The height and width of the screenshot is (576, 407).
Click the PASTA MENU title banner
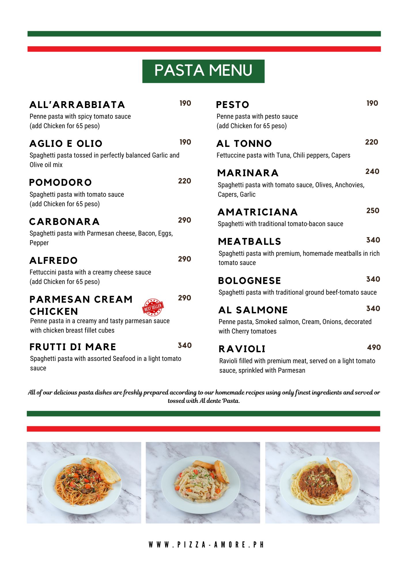pos(203,71)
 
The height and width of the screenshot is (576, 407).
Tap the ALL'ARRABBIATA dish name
pos(77,105)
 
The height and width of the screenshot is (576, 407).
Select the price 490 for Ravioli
pos(374,348)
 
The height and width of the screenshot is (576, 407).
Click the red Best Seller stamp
pos(153,307)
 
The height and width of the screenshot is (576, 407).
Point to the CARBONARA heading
pos(64,222)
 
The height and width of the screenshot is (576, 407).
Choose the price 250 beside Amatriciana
pos(373,211)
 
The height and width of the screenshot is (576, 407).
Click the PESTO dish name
pos(233,105)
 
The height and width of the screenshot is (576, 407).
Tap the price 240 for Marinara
pos(372,172)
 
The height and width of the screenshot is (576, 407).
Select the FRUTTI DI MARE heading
pos(73,347)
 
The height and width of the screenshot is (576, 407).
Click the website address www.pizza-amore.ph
pos(206,545)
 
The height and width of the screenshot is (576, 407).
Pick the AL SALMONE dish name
pos(253,310)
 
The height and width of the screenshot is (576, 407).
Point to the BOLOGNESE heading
pos(249,281)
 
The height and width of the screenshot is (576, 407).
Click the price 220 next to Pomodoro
pos(185,181)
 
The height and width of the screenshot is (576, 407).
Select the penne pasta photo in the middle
pos(203,483)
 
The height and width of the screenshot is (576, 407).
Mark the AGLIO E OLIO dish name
pos(66,144)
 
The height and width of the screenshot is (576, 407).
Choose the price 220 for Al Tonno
pos(371,142)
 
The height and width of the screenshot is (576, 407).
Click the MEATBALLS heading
pos(250,242)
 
